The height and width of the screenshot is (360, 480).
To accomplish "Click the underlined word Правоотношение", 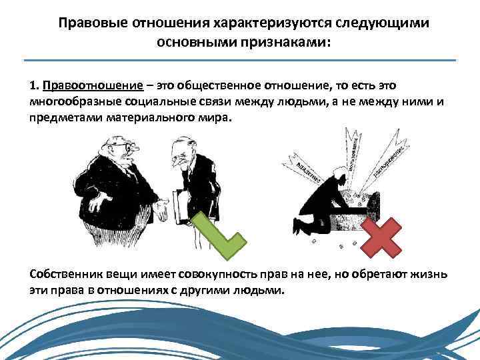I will pos(93,87).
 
